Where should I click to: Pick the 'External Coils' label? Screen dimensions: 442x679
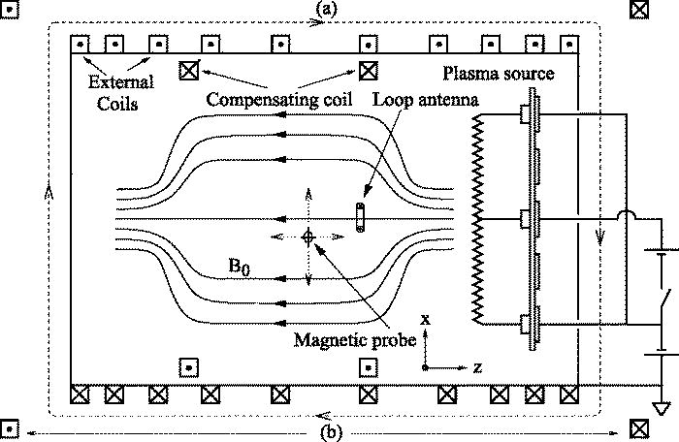pos(111,90)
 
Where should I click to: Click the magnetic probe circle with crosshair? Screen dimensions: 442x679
pos(308,236)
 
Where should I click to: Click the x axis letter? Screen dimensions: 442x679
pos(426,319)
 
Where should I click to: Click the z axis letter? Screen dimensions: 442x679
pos(478,368)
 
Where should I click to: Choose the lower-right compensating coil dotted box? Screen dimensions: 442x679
pos(368,368)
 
